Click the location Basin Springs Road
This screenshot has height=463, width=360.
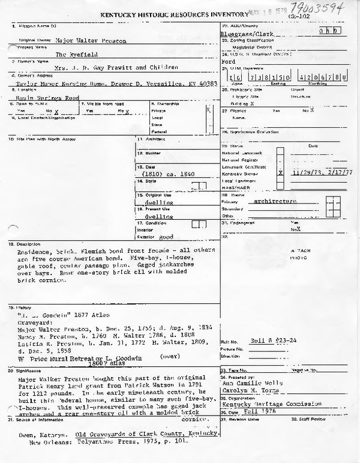click(x=42, y=97)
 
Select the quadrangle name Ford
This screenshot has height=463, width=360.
click(x=227, y=61)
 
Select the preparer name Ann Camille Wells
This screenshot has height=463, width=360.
click(x=245, y=381)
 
